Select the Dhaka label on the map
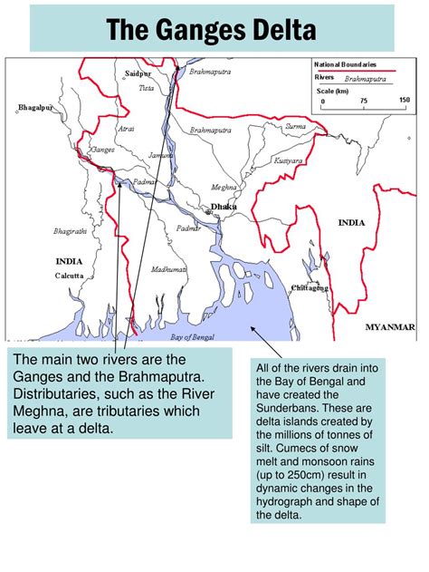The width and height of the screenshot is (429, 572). pos(224,207)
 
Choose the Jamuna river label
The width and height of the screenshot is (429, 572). pos(159,156)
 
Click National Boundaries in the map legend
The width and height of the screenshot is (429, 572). pos(345,65)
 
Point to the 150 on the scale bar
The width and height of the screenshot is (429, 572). pos(404,100)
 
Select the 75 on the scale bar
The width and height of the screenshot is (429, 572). pos(362,100)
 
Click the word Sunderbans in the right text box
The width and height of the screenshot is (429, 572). pos(296,407)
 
